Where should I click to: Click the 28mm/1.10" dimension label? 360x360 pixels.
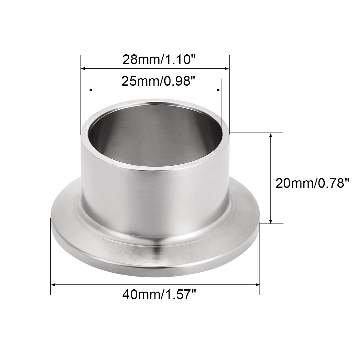pos(159,60)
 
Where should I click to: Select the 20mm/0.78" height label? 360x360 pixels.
pos(312,183)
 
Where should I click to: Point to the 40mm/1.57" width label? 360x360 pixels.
pos(159,294)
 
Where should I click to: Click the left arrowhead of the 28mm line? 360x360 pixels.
pos(83,68)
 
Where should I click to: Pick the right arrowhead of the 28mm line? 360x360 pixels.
pos(227,68)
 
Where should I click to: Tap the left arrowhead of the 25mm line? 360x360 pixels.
pos(91,90)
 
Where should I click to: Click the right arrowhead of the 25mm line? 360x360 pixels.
pos(219,90)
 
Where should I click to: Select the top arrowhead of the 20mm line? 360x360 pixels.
pos(271,135)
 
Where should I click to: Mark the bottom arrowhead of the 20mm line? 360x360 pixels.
pos(271,221)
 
